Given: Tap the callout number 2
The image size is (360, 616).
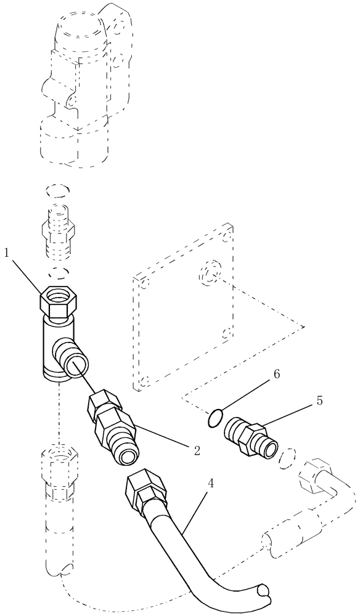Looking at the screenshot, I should pyautogui.click(x=197, y=450).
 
